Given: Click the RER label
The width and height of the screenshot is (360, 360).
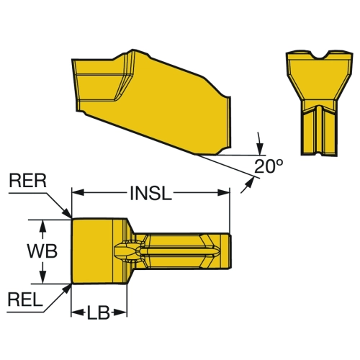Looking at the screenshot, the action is coord(27,181).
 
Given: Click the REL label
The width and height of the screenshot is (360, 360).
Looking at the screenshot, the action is coord(25,300).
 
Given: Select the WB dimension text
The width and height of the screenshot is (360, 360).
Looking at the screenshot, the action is coord(42,251).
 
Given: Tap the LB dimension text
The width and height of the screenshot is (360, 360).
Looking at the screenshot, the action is coord(98,312).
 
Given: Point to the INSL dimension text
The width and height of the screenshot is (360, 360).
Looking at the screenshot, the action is coord(151,193).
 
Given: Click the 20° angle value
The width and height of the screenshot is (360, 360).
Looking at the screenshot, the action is coord(269,166).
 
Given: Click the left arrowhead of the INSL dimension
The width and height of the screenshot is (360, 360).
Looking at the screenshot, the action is coord(78,192).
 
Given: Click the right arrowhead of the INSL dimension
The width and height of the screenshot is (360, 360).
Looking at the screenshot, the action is coord(224,192).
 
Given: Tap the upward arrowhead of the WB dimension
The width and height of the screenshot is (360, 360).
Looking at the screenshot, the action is coord(42,226).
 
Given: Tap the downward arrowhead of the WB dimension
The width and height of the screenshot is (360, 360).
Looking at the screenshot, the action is coord(42,277).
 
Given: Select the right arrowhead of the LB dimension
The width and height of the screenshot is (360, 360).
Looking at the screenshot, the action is coord(121,312).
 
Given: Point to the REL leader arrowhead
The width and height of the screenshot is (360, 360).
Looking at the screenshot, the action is coord(67,289).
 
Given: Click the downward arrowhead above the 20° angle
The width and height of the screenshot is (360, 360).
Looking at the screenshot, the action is coord(259,149).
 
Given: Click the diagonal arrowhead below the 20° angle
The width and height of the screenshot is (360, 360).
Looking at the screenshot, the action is coord(250,181).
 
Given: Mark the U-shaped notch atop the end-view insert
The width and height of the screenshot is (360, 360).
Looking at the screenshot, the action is coord(320,55).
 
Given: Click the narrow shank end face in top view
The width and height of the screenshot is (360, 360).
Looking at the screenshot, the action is coord(227,251).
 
